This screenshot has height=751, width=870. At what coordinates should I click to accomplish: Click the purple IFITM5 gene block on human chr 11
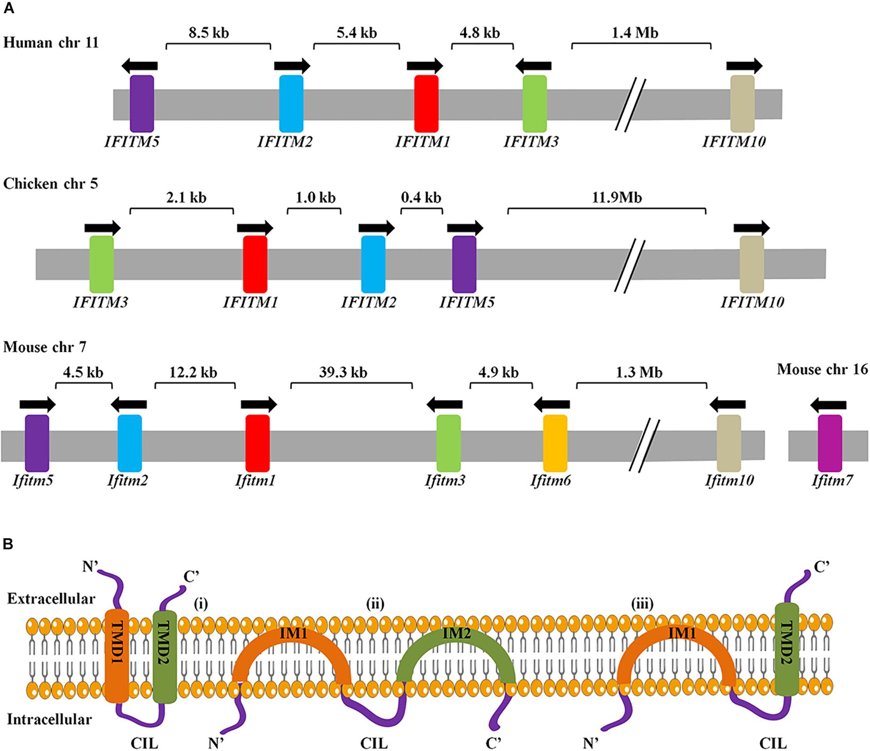point(142,104)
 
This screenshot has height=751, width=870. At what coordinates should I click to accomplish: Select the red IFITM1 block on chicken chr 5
point(255,264)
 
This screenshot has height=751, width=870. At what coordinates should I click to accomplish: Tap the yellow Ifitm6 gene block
point(555,443)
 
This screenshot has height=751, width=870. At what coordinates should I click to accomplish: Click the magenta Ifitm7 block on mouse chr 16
point(830,443)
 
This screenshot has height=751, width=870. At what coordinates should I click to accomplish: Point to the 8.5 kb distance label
point(209,32)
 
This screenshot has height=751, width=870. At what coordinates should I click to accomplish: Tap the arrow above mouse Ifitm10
point(727,404)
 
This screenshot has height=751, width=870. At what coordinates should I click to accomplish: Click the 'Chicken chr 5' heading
point(51,184)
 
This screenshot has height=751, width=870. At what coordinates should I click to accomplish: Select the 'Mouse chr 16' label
point(822,369)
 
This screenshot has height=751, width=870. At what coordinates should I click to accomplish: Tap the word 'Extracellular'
point(51,599)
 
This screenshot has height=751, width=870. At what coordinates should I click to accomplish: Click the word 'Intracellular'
point(50,719)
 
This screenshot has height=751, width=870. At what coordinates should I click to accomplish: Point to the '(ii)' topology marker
point(375,603)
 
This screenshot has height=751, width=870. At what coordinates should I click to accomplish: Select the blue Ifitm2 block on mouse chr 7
point(129,443)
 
